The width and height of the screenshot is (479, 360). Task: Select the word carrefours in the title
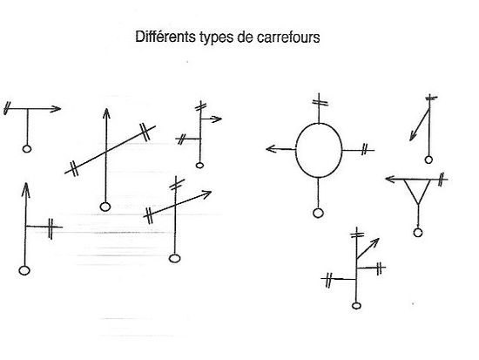click(x=288, y=37)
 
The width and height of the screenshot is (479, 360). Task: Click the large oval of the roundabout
click(x=296, y=150)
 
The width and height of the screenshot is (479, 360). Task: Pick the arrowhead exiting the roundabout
click(x=270, y=149)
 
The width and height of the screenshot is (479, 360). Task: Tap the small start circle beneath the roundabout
click(x=318, y=213)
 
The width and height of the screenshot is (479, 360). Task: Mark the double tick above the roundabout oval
click(x=320, y=102)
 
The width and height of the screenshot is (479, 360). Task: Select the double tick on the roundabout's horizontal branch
click(x=364, y=149)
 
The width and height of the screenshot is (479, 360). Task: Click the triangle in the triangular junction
click(x=411, y=192)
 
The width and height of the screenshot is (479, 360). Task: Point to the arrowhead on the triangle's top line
click(x=390, y=179)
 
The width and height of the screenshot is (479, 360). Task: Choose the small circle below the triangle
click(x=418, y=233)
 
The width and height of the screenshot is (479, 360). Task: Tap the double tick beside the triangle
click(x=441, y=180)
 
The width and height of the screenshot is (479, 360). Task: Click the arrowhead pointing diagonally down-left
click(x=413, y=136)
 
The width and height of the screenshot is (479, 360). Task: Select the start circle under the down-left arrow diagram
click(x=428, y=160)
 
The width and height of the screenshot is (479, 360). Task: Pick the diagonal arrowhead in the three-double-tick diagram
click(x=375, y=242)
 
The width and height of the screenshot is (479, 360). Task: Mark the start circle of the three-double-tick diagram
click(x=356, y=306)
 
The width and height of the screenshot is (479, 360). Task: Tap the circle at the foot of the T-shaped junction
click(x=27, y=149)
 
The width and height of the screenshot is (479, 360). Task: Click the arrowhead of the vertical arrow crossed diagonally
click(x=106, y=112)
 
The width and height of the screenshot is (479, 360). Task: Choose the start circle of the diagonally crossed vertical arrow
click(x=105, y=207)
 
